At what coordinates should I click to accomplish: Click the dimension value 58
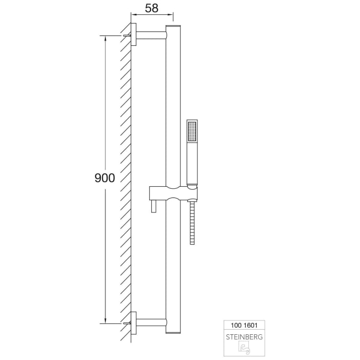pyautogui.click(x=151, y=8)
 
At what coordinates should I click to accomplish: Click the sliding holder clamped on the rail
pyautogui.click(x=172, y=194)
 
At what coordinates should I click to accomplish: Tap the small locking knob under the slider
pyautogui.click(x=153, y=207)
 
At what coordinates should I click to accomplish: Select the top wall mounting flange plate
pyautogui.click(x=134, y=35)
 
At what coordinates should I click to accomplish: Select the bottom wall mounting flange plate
pyautogui.click(x=134, y=323)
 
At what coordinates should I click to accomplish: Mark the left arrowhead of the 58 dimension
pyautogui.click(x=133, y=17)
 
